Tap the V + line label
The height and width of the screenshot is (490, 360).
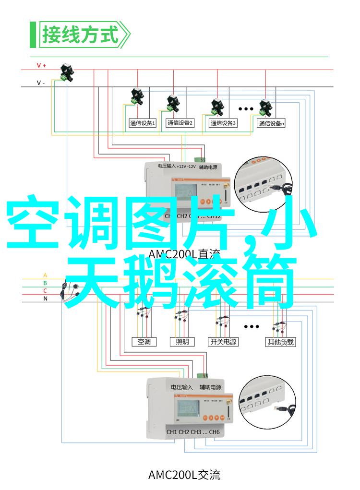pos(41,65)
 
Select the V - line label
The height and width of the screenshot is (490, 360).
pos(41,83)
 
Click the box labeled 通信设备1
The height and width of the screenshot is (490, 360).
pos(142,123)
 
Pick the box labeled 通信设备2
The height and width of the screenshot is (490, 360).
pos(180,123)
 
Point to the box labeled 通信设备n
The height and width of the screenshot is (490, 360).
pos(271,123)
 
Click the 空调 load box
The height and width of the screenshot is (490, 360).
pos(144,342)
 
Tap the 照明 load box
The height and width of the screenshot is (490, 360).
pos(182,342)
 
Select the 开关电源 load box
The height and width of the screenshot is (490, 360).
pos(223,342)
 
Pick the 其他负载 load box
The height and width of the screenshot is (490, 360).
pos(280,342)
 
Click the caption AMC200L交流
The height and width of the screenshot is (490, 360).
pos(184,475)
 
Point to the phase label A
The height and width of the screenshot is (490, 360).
pos(45,275)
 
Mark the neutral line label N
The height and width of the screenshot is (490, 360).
pos(45,298)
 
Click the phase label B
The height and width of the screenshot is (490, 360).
pos(45,283)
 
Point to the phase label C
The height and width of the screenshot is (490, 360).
pos(45,290)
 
